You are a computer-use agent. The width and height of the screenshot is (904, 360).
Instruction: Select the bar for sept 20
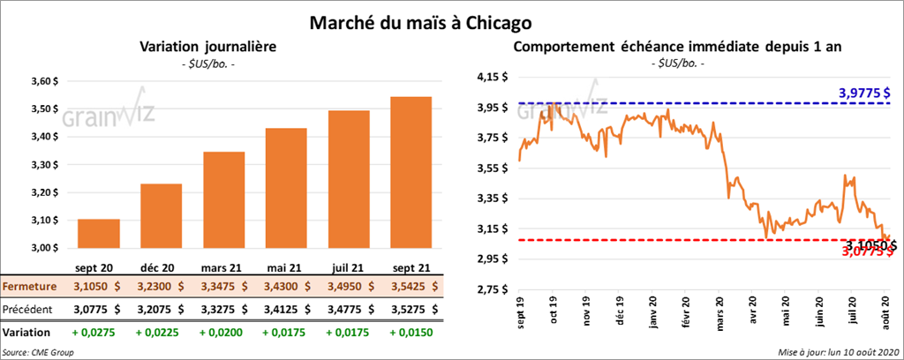[99, 233]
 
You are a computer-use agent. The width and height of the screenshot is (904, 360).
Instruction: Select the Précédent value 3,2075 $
[162, 310]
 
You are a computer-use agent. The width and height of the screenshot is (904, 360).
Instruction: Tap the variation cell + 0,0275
[99, 334]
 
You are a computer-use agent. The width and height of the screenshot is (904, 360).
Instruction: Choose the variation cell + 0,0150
[410, 334]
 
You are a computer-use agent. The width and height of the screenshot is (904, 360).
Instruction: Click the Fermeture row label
[29, 287]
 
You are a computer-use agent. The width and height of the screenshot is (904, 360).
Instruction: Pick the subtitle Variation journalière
[208, 47]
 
